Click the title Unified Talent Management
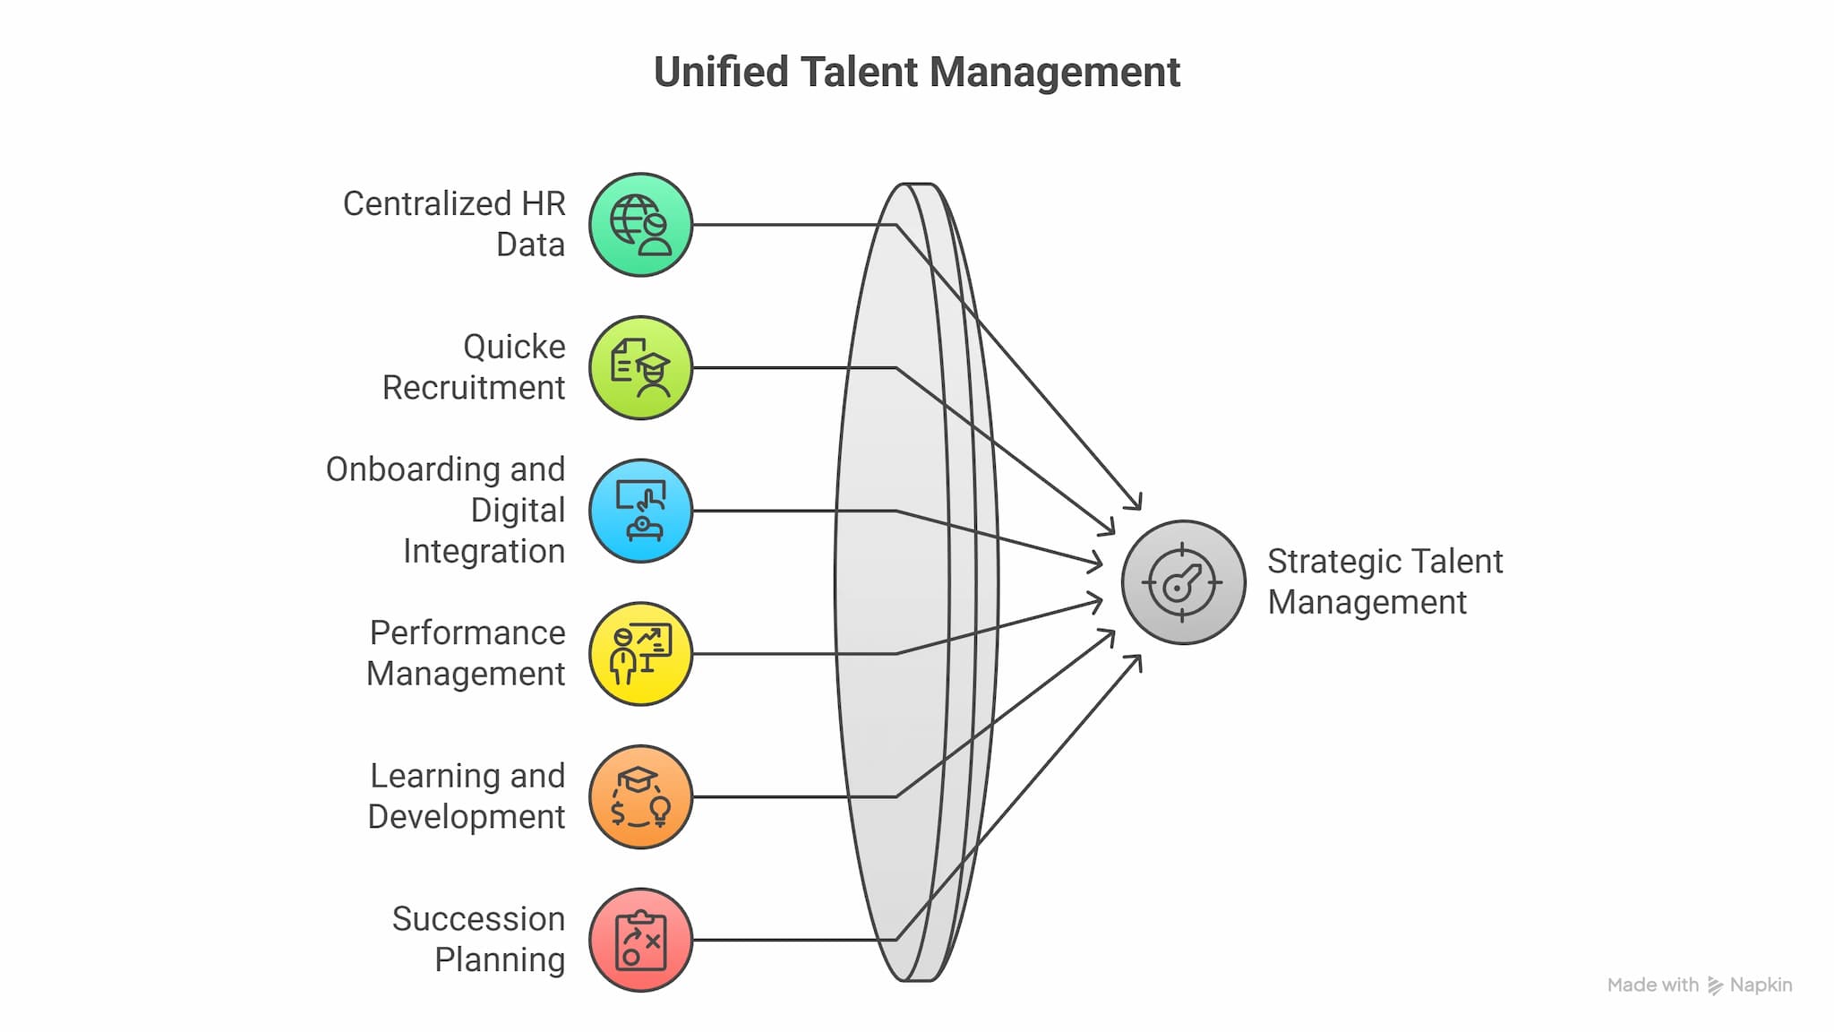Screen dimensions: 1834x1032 [917, 73]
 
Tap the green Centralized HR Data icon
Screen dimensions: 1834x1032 [640, 225]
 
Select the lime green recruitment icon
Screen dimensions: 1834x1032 [640, 367]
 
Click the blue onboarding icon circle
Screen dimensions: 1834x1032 [640, 511]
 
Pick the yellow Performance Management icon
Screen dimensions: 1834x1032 [640, 654]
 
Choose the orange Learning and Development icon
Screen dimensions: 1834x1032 [640, 796]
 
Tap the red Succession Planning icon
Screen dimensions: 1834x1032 [640, 940]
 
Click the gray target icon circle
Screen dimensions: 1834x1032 [1183, 582]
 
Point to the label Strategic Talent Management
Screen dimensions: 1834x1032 [1384, 582]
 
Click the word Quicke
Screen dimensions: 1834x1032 [514, 347]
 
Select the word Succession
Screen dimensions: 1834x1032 [478, 919]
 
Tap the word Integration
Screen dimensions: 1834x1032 [484, 551]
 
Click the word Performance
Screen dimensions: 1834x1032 [467, 632]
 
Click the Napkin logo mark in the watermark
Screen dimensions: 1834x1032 [1715, 985]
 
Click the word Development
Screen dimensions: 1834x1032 [466, 817]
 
